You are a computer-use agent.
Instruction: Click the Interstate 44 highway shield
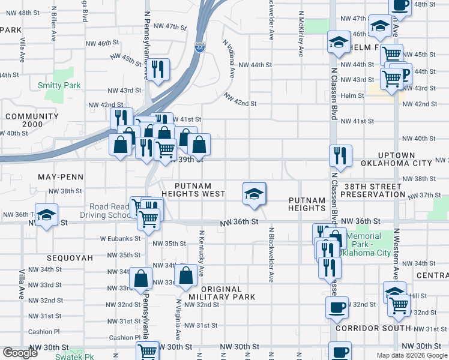(199, 47)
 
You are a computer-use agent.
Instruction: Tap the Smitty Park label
(59, 86)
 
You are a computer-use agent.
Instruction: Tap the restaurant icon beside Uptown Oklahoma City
(340, 155)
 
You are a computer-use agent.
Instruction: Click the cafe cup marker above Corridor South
(337, 307)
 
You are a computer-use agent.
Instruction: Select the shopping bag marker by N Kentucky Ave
(187, 275)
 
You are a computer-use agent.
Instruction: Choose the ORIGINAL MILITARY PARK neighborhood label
(222, 292)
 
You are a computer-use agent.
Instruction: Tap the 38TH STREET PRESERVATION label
(372, 190)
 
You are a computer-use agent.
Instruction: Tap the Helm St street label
(352, 95)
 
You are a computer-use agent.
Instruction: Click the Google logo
(20, 353)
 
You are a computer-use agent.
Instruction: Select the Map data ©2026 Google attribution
(411, 355)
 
